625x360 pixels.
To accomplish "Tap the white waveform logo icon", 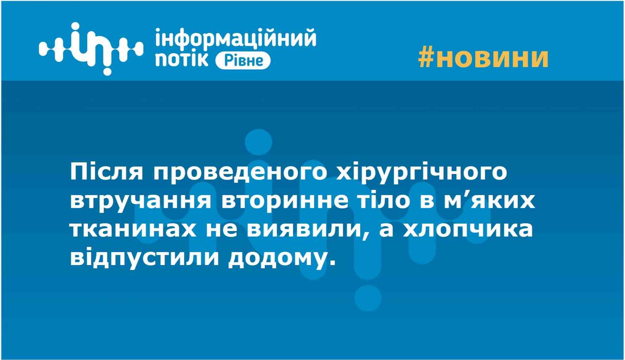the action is pyautogui.click(x=91, y=49).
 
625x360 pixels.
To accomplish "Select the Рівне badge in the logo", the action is pyautogui.click(x=243, y=61).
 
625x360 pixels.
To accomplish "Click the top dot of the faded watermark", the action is pyautogui.click(x=258, y=142).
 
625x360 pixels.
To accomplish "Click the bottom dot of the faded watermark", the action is pyautogui.click(x=368, y=298).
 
